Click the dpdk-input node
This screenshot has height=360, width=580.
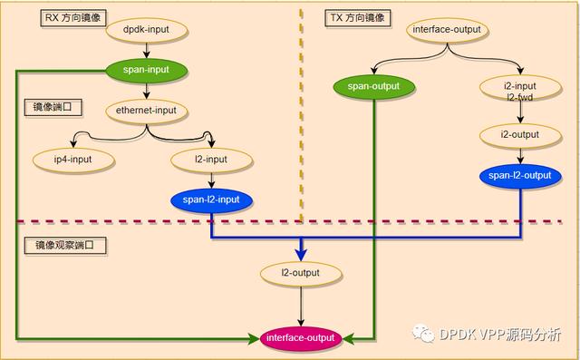147,31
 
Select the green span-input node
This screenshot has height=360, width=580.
147,69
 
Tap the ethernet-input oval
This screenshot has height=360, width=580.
147,111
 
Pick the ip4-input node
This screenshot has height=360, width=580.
72,160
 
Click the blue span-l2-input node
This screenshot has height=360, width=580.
211,199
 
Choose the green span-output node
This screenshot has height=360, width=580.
373,87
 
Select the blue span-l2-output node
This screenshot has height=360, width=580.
519,175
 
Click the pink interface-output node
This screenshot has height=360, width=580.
300,338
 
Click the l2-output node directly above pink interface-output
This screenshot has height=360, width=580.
302,272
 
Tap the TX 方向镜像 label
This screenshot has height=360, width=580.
355,18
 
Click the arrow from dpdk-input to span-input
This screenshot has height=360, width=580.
147,50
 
